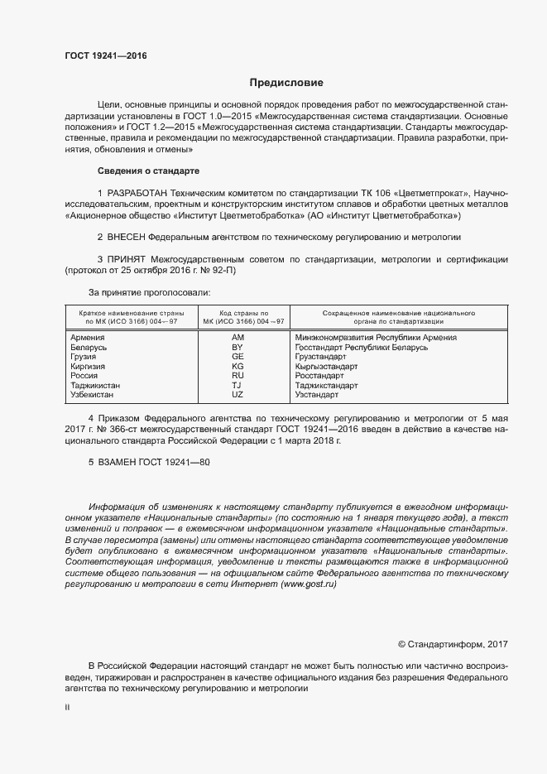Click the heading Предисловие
coord(286,83)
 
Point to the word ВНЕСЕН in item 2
coord(129,237)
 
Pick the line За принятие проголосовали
coord(149,292)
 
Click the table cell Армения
coord(88,338)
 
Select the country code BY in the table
coord(238,348)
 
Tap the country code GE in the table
coord(238,357)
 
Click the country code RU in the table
coord(238,375)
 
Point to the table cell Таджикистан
coord(95,385)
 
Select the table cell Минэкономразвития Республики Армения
coord(376,338)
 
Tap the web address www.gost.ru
coord(309,584)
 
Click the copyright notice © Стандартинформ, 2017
coord(453,644)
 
